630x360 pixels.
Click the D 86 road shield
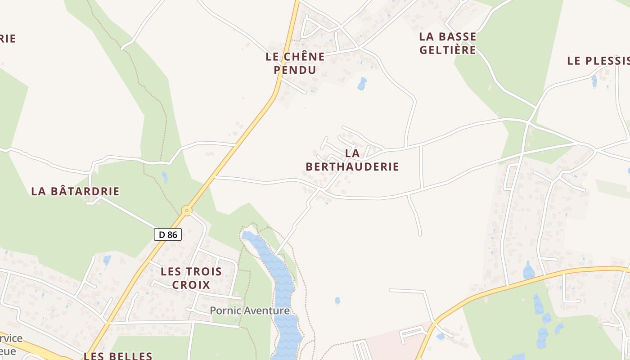(168, 234)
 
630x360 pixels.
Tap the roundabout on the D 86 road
(187, 210)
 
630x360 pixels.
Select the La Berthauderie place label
(352, 160)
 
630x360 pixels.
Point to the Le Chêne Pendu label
(295, 63)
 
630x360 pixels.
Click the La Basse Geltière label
(448, 43)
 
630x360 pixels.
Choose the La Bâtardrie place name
(75, 191)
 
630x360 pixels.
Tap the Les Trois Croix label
(191, 278)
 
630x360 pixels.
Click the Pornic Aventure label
(250, 310)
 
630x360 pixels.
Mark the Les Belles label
(118, 355)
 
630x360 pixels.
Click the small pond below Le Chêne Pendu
(362, 84)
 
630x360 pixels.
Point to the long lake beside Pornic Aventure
(282, 288)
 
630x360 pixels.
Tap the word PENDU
(295, 70)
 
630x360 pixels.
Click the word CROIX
(191, 285)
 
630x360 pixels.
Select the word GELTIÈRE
(448, 49)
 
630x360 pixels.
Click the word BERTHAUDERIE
(352, 166)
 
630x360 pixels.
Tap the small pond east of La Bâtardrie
(165, 177)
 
